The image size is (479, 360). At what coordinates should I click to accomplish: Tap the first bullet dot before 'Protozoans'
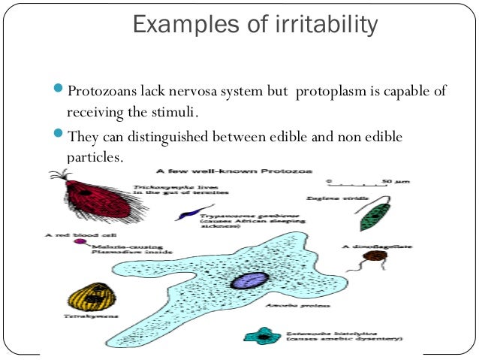pyautogui.click(x=59, y=91)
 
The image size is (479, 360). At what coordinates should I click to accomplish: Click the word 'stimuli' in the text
pyautogui.click(x=176, y=113)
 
